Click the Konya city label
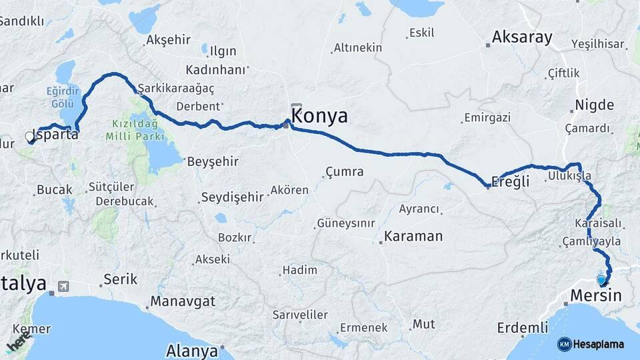click(320, 116)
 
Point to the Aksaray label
click(523, 37)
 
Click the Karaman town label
click(413, 236)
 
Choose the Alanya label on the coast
click(192, 351)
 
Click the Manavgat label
click(183, 301)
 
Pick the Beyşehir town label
click(213, 161)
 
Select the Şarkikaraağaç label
click(176, 89)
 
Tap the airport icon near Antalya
click(63, 286)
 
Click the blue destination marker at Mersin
click(602, 280)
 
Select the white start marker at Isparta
click(29, 137)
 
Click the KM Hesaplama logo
click(591, 344)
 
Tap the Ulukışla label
click(568, 175)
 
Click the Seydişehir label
click(231, 198)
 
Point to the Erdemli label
click(521, 328)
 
